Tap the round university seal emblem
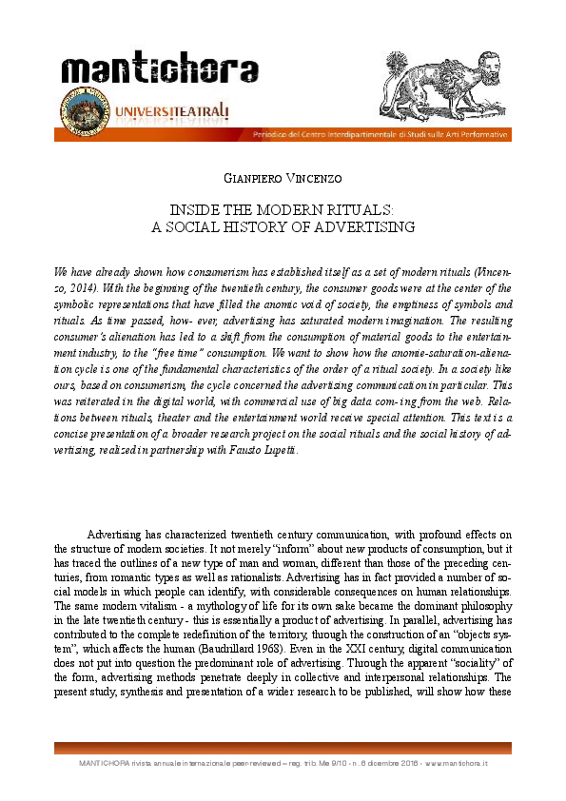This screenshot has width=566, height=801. point(81,118)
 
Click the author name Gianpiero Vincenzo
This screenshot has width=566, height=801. point(283,178)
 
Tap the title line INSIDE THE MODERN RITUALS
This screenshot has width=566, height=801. point(283,209)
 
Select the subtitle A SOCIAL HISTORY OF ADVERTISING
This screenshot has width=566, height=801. point(283,227)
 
